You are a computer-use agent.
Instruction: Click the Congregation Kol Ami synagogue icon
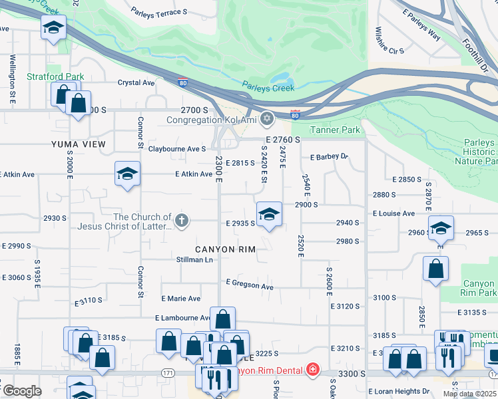point(267,119)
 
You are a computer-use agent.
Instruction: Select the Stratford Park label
point(55,76)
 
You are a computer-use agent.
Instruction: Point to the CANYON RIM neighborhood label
point(226,248)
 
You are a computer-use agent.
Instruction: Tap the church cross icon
point(180,221)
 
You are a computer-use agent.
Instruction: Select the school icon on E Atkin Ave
point(127,175)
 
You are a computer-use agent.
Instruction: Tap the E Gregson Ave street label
point(250,285)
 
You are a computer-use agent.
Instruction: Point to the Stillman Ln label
point(194,259)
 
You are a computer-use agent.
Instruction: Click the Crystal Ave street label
point(136,83)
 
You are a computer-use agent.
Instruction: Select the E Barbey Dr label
point(329,157)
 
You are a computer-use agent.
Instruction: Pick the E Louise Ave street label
point(394,213)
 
